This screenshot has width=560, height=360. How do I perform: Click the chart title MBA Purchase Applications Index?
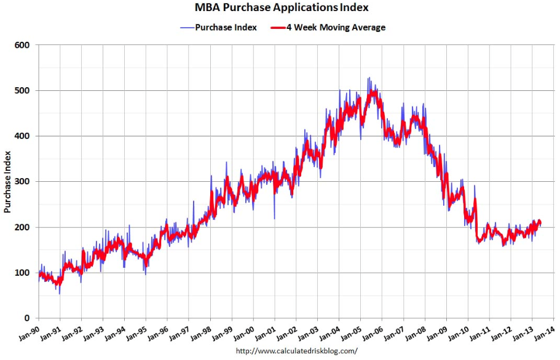[x=282, y=8]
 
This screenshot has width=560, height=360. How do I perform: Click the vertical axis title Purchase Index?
[x=7, y=182]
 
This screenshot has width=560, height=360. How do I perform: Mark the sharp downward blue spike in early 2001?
[x=274, y=217]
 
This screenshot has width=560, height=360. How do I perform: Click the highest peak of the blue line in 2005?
[x=368, y=78]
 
